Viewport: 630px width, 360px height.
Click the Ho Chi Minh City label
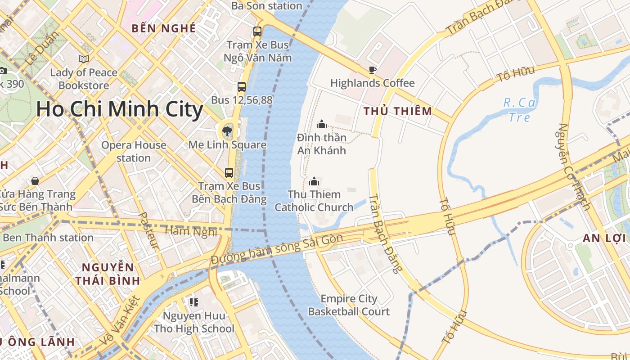119,110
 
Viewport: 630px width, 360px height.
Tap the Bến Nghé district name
164,28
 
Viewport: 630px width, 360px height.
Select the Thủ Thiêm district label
398,111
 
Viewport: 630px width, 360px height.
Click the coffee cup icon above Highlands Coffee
372,70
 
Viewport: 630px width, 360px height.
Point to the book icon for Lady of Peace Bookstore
83,59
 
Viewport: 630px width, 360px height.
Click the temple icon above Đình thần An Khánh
322,124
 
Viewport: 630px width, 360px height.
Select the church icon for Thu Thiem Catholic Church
314,181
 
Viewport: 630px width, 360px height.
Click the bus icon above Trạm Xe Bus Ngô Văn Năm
257,31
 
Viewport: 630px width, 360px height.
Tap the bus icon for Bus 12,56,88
242,87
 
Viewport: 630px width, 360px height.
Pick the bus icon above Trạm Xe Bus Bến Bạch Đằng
229,173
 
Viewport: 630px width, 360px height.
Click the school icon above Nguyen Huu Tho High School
194,302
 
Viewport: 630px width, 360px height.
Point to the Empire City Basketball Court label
349,305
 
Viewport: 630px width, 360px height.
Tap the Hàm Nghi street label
191,231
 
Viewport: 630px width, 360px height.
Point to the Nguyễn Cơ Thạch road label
574,166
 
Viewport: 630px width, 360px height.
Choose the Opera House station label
134,152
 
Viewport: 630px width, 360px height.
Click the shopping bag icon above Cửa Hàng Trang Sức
35,181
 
